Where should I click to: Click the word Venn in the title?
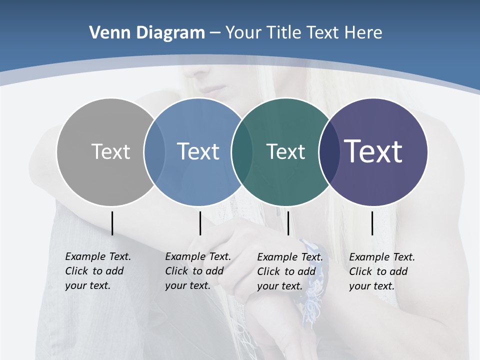click(104, 33)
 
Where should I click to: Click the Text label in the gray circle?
click(110, 151)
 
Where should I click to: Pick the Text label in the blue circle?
click(198, 151)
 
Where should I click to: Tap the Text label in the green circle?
click(285, 151)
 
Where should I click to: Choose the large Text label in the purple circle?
click(373, 151)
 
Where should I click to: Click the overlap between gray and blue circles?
click(154, 151)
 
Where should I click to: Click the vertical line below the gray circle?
click(112, 223)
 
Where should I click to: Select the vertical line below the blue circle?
click(200, 223)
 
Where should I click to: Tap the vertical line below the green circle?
click(288, 223)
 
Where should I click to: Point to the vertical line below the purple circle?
click(372, 223)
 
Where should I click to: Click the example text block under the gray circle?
click(97, 271)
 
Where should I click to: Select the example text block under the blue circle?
click(197, 271)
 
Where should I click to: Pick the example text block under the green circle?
click(289, 271)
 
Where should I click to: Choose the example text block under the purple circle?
click(381, 271)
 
